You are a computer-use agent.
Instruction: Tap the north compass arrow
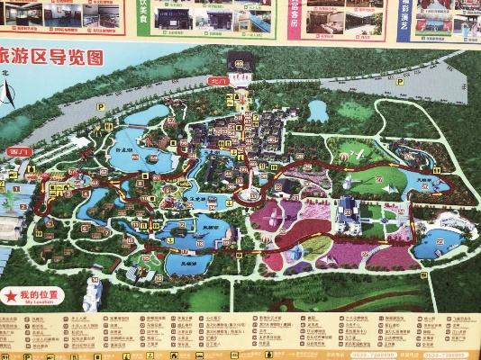[x=7, y=92]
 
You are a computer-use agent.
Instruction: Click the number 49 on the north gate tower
[x=239, y=62]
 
